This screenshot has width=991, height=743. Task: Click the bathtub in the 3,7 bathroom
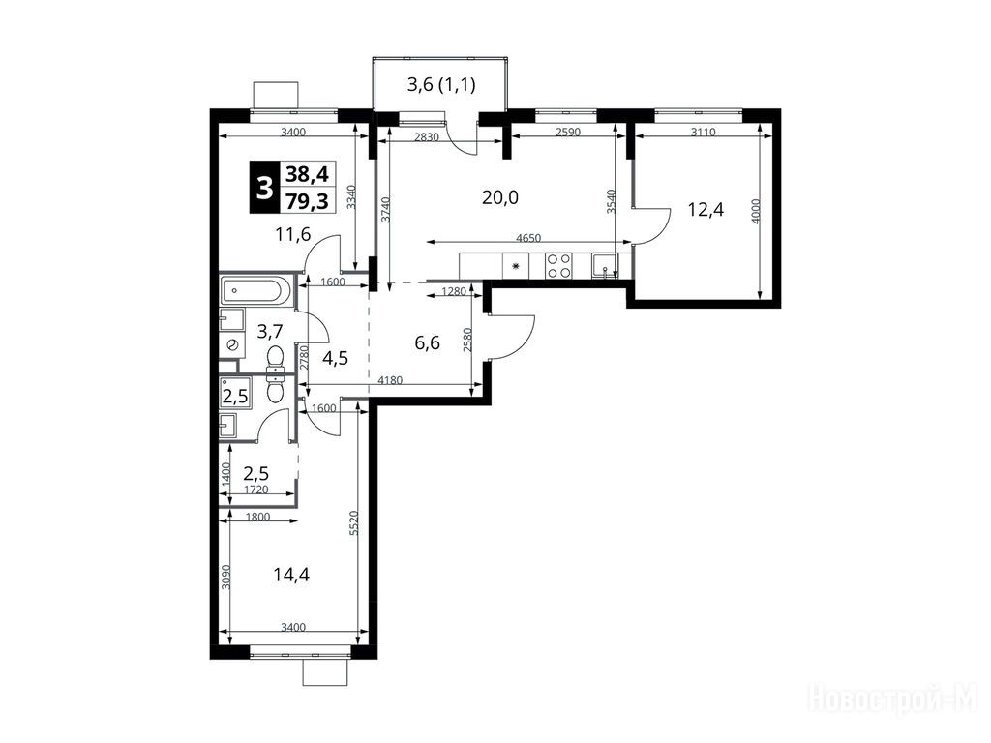[255, 290]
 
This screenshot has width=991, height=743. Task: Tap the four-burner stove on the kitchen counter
[559, 265]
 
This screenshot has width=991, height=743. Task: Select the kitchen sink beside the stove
[605, 265]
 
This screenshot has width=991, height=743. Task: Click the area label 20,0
[500, 197]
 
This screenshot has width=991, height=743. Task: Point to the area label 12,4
[706, 209]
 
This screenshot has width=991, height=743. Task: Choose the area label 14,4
[291, 575]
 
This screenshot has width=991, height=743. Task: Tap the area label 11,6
[293, 235]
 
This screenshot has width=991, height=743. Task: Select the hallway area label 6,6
[427, 343]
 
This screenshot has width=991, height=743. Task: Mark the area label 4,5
[335, 358]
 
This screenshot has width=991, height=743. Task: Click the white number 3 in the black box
[263, 187]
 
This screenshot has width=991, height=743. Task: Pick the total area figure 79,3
[307, 201]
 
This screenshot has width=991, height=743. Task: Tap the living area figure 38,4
[307, 172]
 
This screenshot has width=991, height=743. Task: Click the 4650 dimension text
[528, 238]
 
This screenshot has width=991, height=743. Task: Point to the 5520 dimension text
[354, 523]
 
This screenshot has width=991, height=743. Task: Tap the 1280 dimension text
[454, 291]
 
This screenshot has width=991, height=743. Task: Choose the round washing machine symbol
[232, 344]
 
